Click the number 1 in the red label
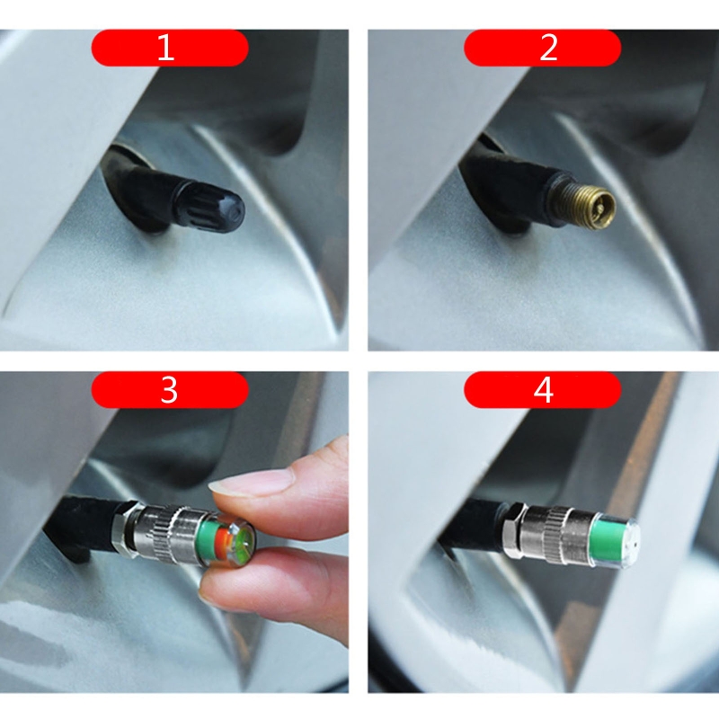[165, 48]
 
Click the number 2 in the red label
[548, 48]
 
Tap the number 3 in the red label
[169, 390]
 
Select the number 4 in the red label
[544, 390]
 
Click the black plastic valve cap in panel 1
[209, 207]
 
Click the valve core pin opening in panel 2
[601, 209]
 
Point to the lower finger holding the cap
[275, 591]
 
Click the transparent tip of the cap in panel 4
[631, 543]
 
